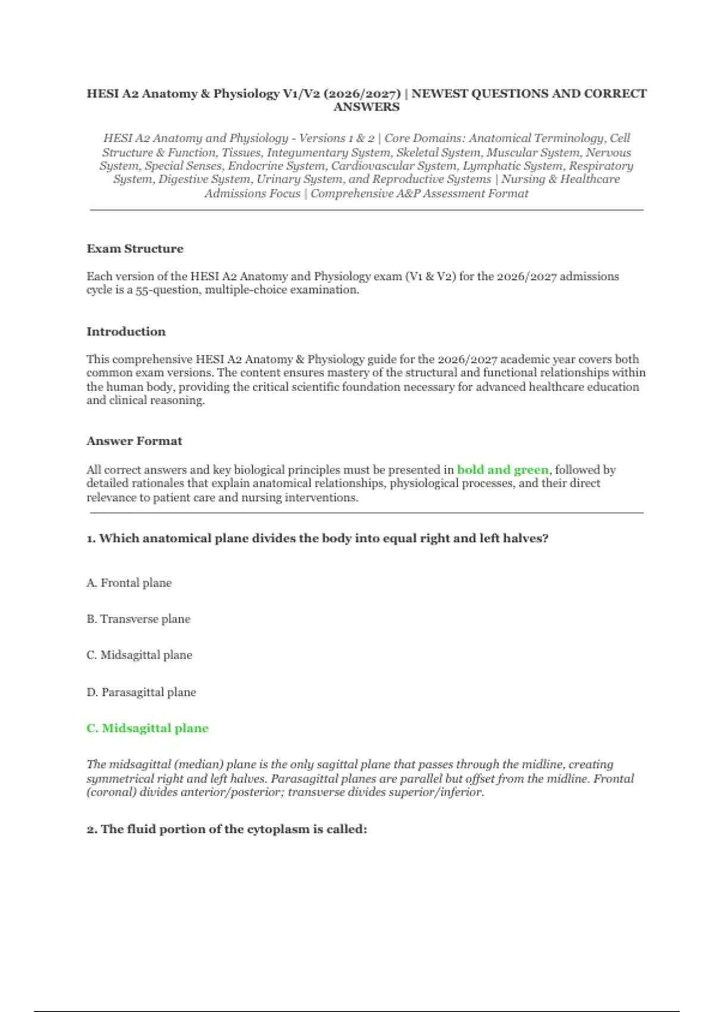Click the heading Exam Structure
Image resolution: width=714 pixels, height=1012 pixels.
(x=135, y=249)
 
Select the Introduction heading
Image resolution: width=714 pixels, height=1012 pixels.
(x=126, y=332)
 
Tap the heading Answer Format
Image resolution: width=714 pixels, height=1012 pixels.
(x=134, y=441)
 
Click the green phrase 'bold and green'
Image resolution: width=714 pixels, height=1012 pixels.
(x=503, y=470)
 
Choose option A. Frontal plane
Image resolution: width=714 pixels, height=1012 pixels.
(x=129, y=583)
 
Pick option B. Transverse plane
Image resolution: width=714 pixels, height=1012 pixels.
(x=139, y=619)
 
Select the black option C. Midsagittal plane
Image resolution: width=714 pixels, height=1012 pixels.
(x=139, y=655)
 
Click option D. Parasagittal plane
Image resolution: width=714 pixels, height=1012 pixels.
(x=141, y=692)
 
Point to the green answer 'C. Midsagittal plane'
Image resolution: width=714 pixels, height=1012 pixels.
(x=148, y=728)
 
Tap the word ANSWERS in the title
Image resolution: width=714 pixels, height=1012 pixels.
(x=367, y=107)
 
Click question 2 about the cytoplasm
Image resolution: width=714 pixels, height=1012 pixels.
(x=227, y=829)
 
